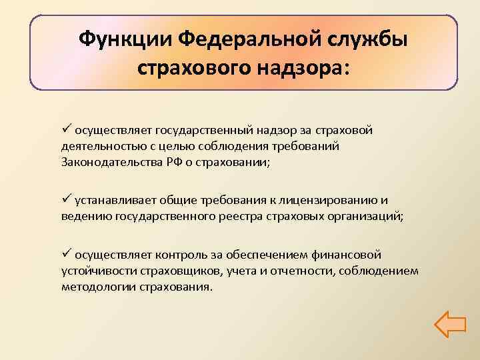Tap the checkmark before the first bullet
[x=65, y=129]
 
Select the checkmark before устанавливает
[x=65, y=199]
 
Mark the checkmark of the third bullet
[x=65, y=254]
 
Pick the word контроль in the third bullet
[x=182, y=255]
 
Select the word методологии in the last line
[x=99, y=287]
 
